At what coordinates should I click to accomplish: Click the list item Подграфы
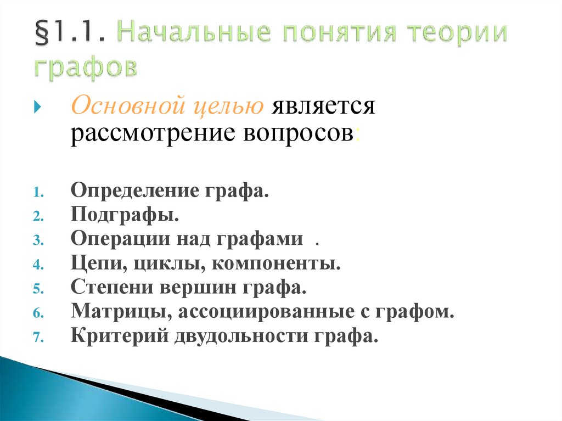[x=125, y=216]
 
